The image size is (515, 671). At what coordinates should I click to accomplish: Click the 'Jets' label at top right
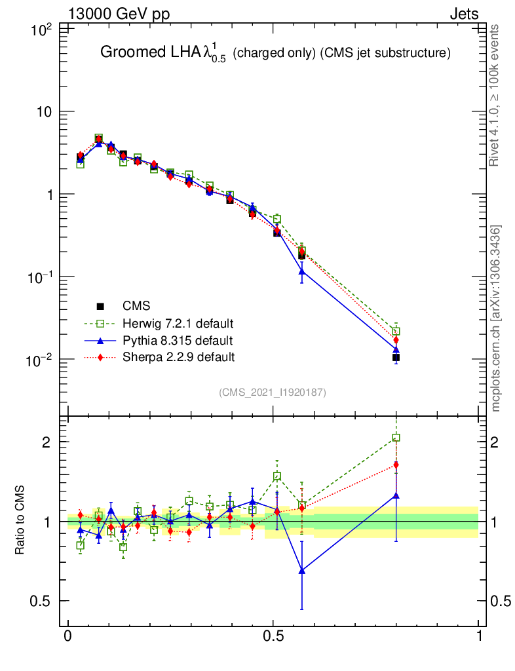463,14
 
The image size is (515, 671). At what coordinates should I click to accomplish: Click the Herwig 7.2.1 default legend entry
178,323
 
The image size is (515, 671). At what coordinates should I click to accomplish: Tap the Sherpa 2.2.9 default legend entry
178,357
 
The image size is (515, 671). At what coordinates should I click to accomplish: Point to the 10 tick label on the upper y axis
43,112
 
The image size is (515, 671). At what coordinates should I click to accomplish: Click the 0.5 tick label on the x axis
274,636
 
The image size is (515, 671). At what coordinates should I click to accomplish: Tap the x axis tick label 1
479,636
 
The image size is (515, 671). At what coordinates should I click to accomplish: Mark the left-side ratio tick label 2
46,442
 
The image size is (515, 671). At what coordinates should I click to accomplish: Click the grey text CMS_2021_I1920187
273,392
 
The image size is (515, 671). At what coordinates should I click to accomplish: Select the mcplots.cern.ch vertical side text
497,318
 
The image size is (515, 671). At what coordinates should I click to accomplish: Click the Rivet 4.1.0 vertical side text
497,96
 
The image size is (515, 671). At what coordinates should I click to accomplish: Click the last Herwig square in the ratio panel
396,438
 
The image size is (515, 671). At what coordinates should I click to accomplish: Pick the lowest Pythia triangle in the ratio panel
302,570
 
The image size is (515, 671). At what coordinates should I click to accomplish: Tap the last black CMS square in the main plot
396,357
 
